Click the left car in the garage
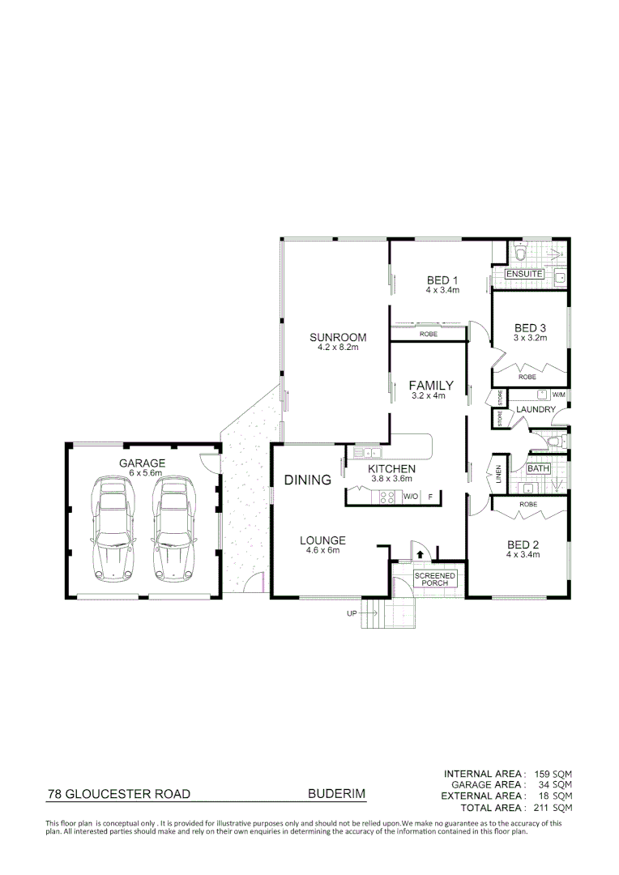[x=113, y=528]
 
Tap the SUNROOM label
[x=338, y=338]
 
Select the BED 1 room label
[x=443, y=281]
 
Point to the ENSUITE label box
[x=524, y=275]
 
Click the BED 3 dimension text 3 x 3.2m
[x=531, y=338]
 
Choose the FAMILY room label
[x=431, y=386]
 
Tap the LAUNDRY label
[x=536, y=410]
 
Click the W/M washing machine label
[x=557, y=395]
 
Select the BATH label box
[x=538, y=468]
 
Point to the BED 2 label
[x=523, y=544]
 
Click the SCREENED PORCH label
[x=435, y=578]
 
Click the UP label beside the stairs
[x=352, y=613]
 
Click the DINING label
[x=308, y=480]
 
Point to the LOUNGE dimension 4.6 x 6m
[x=322, y=550]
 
